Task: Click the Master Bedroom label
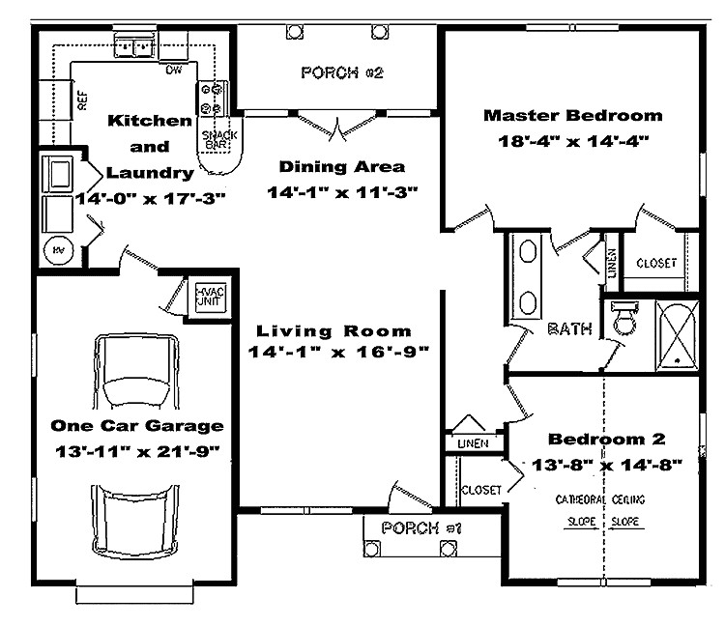click(573, 116)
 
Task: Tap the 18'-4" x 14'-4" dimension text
click(573, 141)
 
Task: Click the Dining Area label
click(341, 166)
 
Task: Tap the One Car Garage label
click(136, 425)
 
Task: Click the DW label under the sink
click(174, 70)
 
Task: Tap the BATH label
click(569, 329)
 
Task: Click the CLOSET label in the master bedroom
click(655, 263)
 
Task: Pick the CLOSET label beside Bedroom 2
click(480, 490)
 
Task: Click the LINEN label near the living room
click(471, 442)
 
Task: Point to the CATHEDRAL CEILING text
click(600, 500)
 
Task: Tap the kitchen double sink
click(135, 44)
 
